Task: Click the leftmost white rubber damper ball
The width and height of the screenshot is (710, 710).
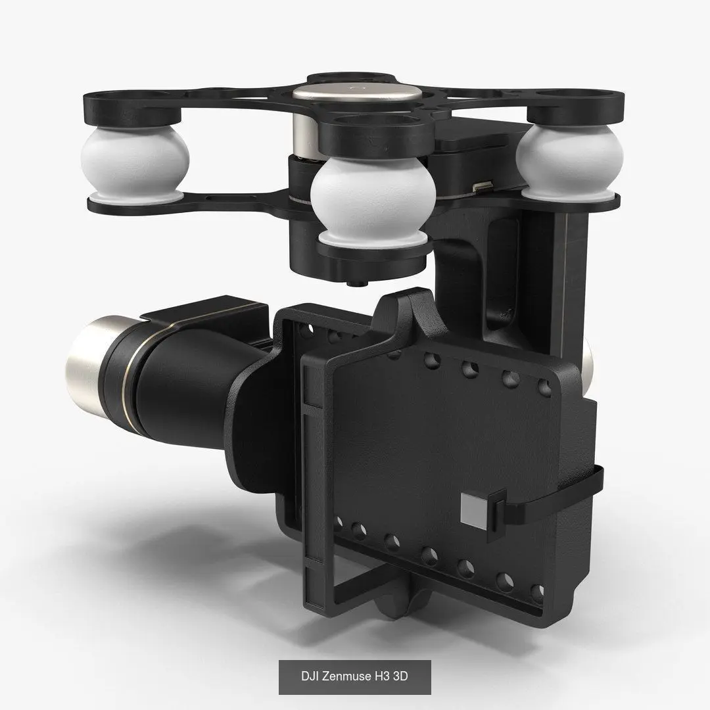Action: (135, 162)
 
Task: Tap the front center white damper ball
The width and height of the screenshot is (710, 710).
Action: (373, 202)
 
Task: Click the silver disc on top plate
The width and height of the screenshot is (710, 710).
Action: (357, 93)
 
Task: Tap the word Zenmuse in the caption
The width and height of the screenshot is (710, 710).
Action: (346, 676)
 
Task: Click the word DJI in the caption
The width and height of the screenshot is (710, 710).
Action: (310, 676)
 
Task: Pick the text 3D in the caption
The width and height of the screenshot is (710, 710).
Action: (401, 676)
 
